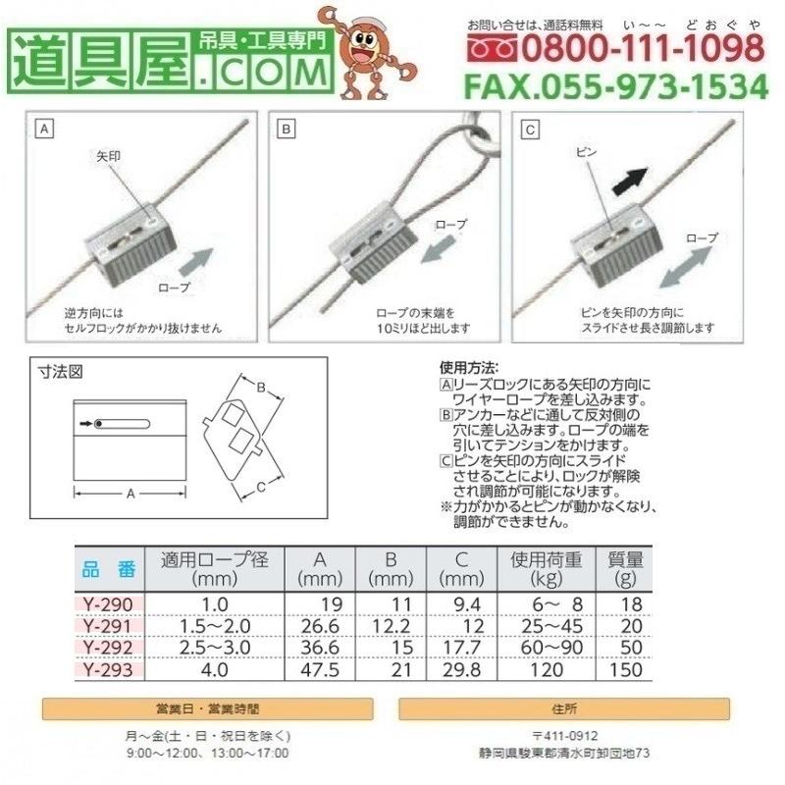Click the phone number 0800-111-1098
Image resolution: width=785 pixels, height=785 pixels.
[x=628, y=47]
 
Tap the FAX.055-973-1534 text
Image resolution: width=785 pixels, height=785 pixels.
[x=615, y=86]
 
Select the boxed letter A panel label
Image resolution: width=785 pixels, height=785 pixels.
[x=44, y=129]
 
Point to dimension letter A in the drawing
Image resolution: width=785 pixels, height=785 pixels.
[x=131, y=494]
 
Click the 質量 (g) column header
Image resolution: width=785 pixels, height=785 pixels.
[x=625, y=569]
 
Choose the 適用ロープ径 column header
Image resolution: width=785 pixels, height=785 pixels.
[x=214, y=569]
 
